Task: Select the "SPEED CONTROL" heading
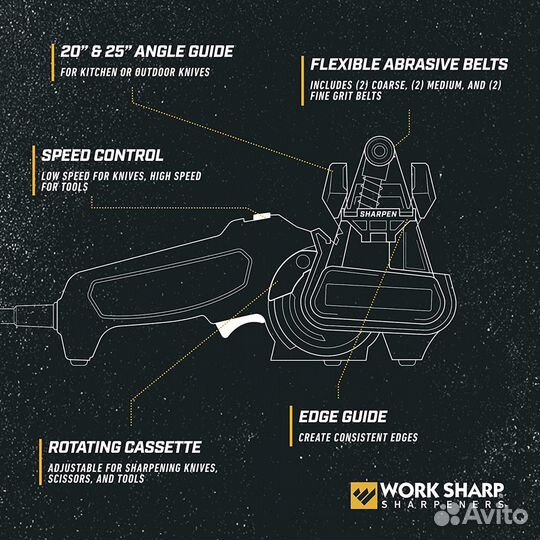(x=102, y=156)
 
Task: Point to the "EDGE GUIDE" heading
(x=343, y=416)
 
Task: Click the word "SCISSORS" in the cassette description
(x=69, y=478)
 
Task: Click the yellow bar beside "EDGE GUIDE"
(x=291, y=426)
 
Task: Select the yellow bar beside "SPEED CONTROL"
(x=36, y=170)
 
